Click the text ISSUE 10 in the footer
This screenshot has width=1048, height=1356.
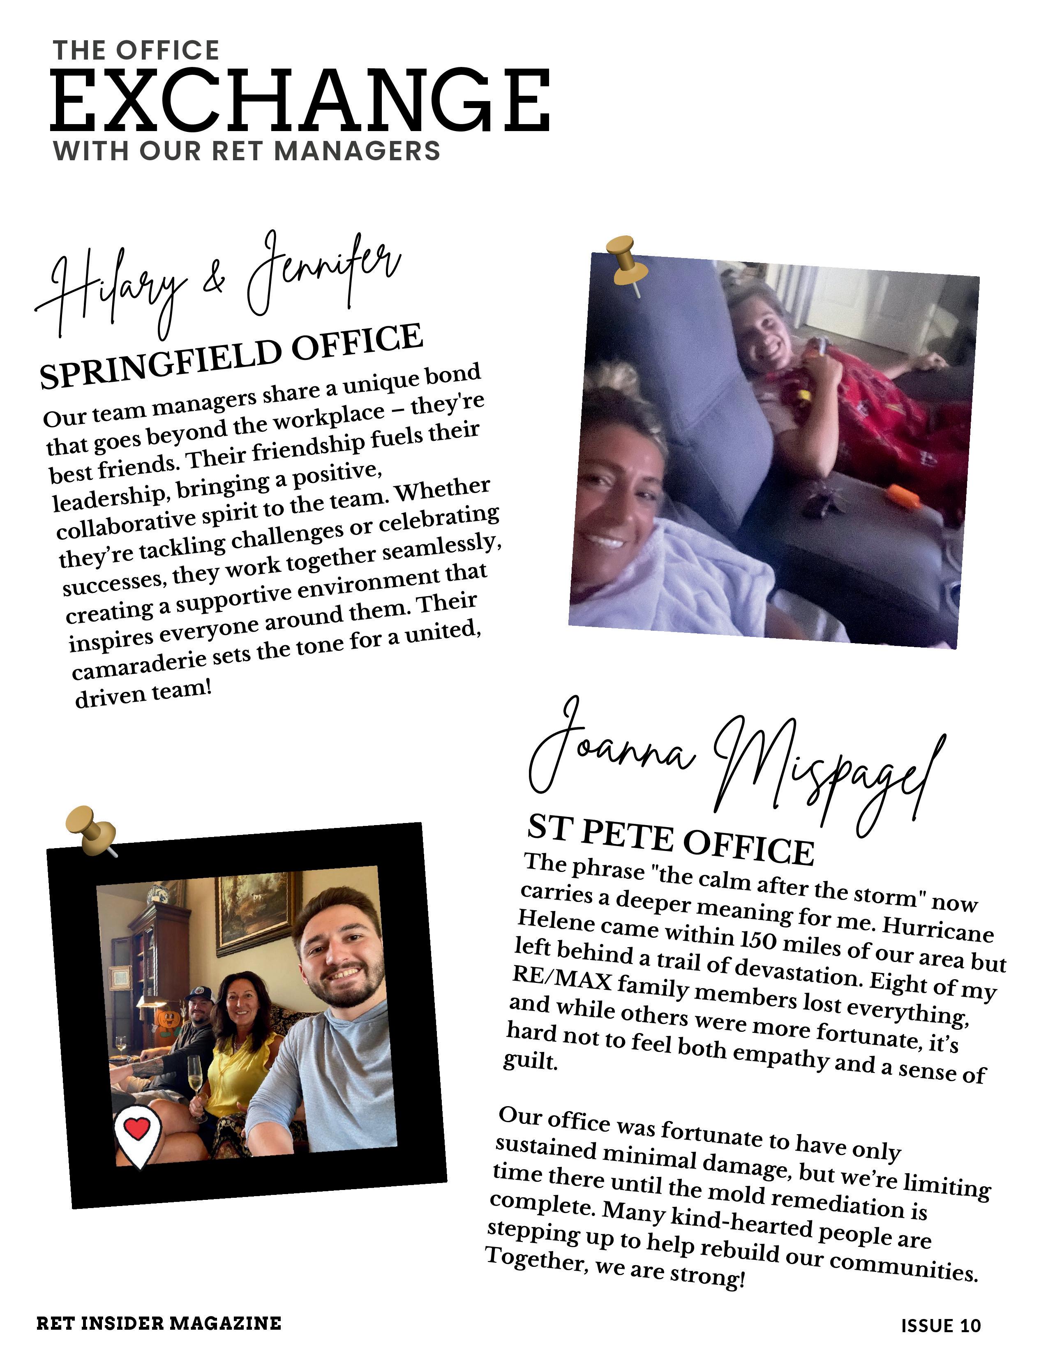[x=941, y=1326]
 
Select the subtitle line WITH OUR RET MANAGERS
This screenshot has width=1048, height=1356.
[x=247, y=151]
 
